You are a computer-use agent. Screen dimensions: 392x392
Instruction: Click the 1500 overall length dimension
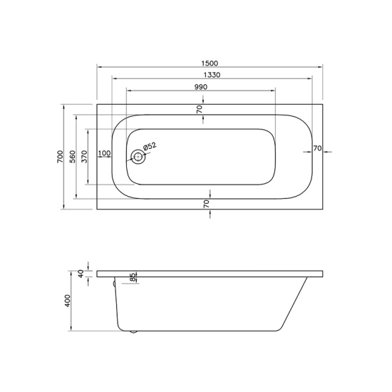pyautogui.click(x=210, y=63)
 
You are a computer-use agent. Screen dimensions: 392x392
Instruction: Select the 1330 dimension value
pyautogui.click(x=212, y=75)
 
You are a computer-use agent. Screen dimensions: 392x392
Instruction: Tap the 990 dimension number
pyautogui.click(x=201, y=87)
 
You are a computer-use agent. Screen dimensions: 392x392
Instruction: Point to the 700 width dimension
pyautogui.click(x=61, y=157)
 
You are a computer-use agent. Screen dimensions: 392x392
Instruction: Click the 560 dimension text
pyautogui.click(x=72, y=157)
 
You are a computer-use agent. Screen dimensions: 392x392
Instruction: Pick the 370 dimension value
pyautogui.click(x=85, y=157)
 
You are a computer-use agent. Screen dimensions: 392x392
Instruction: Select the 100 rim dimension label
pyautogui.click(x=104, y=153)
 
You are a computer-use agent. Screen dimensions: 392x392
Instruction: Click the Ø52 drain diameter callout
pyautogui.click(x=150, y=146)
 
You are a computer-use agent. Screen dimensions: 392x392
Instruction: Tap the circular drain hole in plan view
pyautogui.click(x=138, y=157)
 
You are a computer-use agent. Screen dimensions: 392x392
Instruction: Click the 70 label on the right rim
pyautogui.click(x=317, y=148)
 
